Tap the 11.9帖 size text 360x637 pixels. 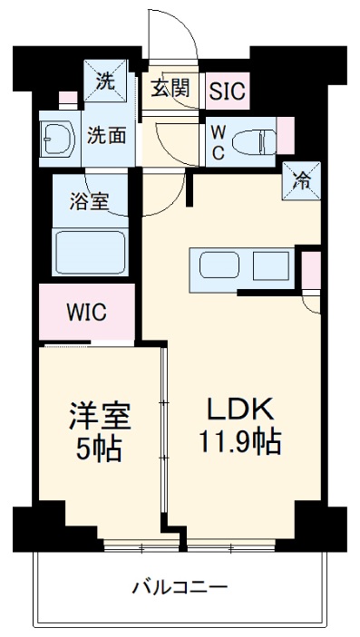click(240, 444)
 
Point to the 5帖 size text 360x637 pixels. click(100, 449)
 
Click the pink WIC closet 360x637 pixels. click(87, 313)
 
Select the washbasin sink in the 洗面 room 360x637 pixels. click(54, 140)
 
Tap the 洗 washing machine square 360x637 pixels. click(105, 80)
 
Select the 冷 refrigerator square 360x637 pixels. click(304, 179)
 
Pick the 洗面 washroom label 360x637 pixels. click(105, 136)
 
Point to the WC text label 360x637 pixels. click(218, 140)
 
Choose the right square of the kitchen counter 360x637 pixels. click(269, 267)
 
